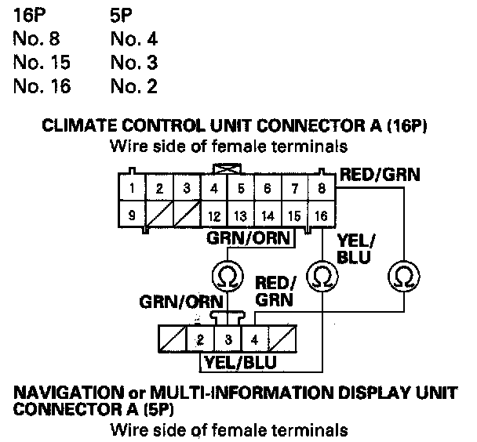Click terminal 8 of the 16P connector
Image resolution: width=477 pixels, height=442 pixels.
click(x=320, y=188)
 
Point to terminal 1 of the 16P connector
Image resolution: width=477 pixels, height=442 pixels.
click(x=134, y=188)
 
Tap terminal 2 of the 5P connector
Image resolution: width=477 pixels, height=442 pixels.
click(x=201, y=340)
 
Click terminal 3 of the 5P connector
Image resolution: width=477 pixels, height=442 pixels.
click(x=228, y=340)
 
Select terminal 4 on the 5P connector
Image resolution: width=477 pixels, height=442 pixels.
click(x=254, y=340)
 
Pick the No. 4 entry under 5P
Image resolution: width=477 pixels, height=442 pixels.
click(x=134, y=37)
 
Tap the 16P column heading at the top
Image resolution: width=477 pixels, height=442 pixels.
click(x=29, y=13)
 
